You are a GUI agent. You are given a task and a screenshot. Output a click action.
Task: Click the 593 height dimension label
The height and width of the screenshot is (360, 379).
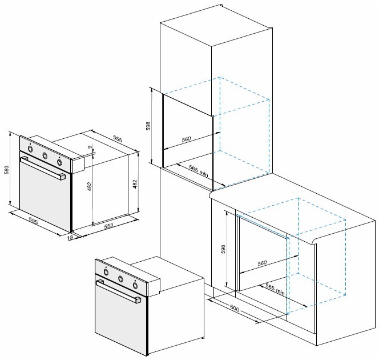click(6, 170)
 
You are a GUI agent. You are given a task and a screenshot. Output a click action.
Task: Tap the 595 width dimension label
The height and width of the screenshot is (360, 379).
click(33, 221)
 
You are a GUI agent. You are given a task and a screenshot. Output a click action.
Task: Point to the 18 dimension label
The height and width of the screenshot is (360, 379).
click(70, 238)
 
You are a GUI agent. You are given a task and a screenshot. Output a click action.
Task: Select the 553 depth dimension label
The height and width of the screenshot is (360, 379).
click(109, 226)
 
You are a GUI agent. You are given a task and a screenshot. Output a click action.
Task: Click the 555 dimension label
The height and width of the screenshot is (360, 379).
click(118, 139)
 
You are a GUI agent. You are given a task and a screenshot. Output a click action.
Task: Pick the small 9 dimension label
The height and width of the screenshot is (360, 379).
click(90, 147)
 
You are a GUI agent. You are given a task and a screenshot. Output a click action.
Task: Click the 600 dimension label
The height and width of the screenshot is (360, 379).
click(234, 308)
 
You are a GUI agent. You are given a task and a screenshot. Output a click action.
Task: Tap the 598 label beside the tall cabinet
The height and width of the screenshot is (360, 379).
click(148, 126)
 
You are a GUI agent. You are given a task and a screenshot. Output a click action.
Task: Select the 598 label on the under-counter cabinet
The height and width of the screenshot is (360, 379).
click(223, 249)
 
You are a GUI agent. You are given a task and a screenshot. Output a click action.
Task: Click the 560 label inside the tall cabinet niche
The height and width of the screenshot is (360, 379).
click(186, 139)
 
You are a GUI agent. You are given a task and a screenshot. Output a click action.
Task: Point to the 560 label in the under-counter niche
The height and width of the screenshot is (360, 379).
click(262, 263)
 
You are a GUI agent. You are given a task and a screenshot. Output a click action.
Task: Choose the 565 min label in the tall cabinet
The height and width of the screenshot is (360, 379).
click(199, 170)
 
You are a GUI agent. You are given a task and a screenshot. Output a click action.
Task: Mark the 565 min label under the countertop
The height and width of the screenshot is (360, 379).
click(275, 289)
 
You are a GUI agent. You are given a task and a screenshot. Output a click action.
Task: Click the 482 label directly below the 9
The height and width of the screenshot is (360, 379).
click(90, 186)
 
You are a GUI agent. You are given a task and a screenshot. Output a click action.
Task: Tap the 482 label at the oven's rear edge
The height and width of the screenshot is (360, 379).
click(135, 184)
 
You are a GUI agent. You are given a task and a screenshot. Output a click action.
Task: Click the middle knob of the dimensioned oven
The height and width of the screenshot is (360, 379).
click(45, 155)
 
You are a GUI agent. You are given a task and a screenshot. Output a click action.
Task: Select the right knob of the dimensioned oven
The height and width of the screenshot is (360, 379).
click(59, 162)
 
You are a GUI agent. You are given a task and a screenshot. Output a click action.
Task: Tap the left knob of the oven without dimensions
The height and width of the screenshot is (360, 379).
click(106, 271)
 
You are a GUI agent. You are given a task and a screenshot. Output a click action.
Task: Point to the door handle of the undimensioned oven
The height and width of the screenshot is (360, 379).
click(119, 291)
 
